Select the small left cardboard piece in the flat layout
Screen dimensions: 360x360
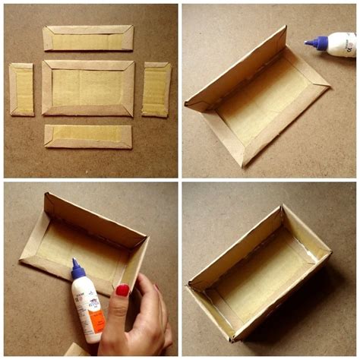click(x=21, y=89)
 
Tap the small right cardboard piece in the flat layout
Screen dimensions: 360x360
click(x=156, y=89)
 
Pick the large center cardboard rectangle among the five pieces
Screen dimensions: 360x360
click(x=87, y=87)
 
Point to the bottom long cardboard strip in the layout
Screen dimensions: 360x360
click(x=87, y=136)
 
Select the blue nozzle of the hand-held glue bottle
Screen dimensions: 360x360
click(x=77, y=269)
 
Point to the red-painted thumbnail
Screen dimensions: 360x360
click(x=122, y=290)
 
